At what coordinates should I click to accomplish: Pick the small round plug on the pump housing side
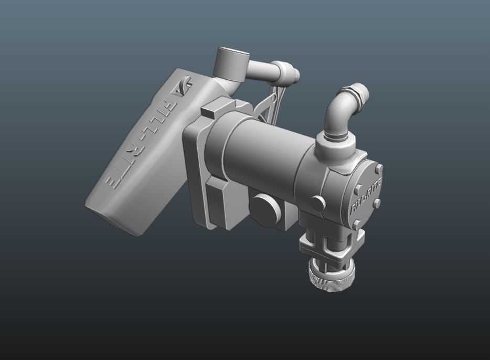point(317,203)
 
